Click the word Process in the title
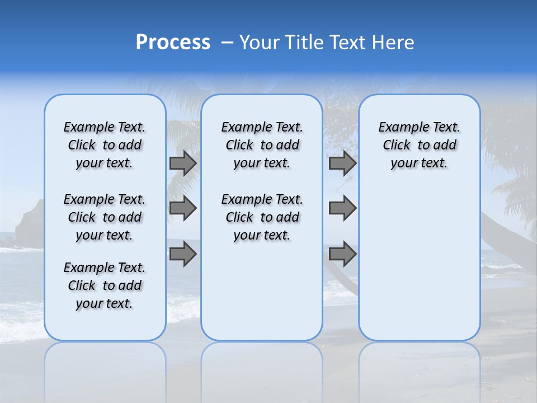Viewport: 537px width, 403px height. click(x=173, y=43)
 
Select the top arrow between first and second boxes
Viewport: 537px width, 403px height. click(x=183, y=163)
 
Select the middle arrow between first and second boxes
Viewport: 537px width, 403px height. click(x=183, y=208)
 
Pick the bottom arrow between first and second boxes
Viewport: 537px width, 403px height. click(x=183, y=254)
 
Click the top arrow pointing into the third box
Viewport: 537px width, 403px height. click(x=342, y=163)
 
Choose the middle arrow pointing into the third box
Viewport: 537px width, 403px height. click(x=342, y=208)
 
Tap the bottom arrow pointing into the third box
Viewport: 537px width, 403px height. click(x=342, y=254)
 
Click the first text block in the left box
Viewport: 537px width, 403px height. click(x=105, y=145)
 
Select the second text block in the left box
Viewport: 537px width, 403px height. click(x=105, y=217)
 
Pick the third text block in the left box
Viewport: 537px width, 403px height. click(x=105, y=285)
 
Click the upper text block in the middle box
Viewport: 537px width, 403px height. click(x=262, y=145)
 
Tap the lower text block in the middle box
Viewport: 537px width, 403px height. click(x=262, y=217)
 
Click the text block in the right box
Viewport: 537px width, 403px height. click(x=419, y=145)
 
